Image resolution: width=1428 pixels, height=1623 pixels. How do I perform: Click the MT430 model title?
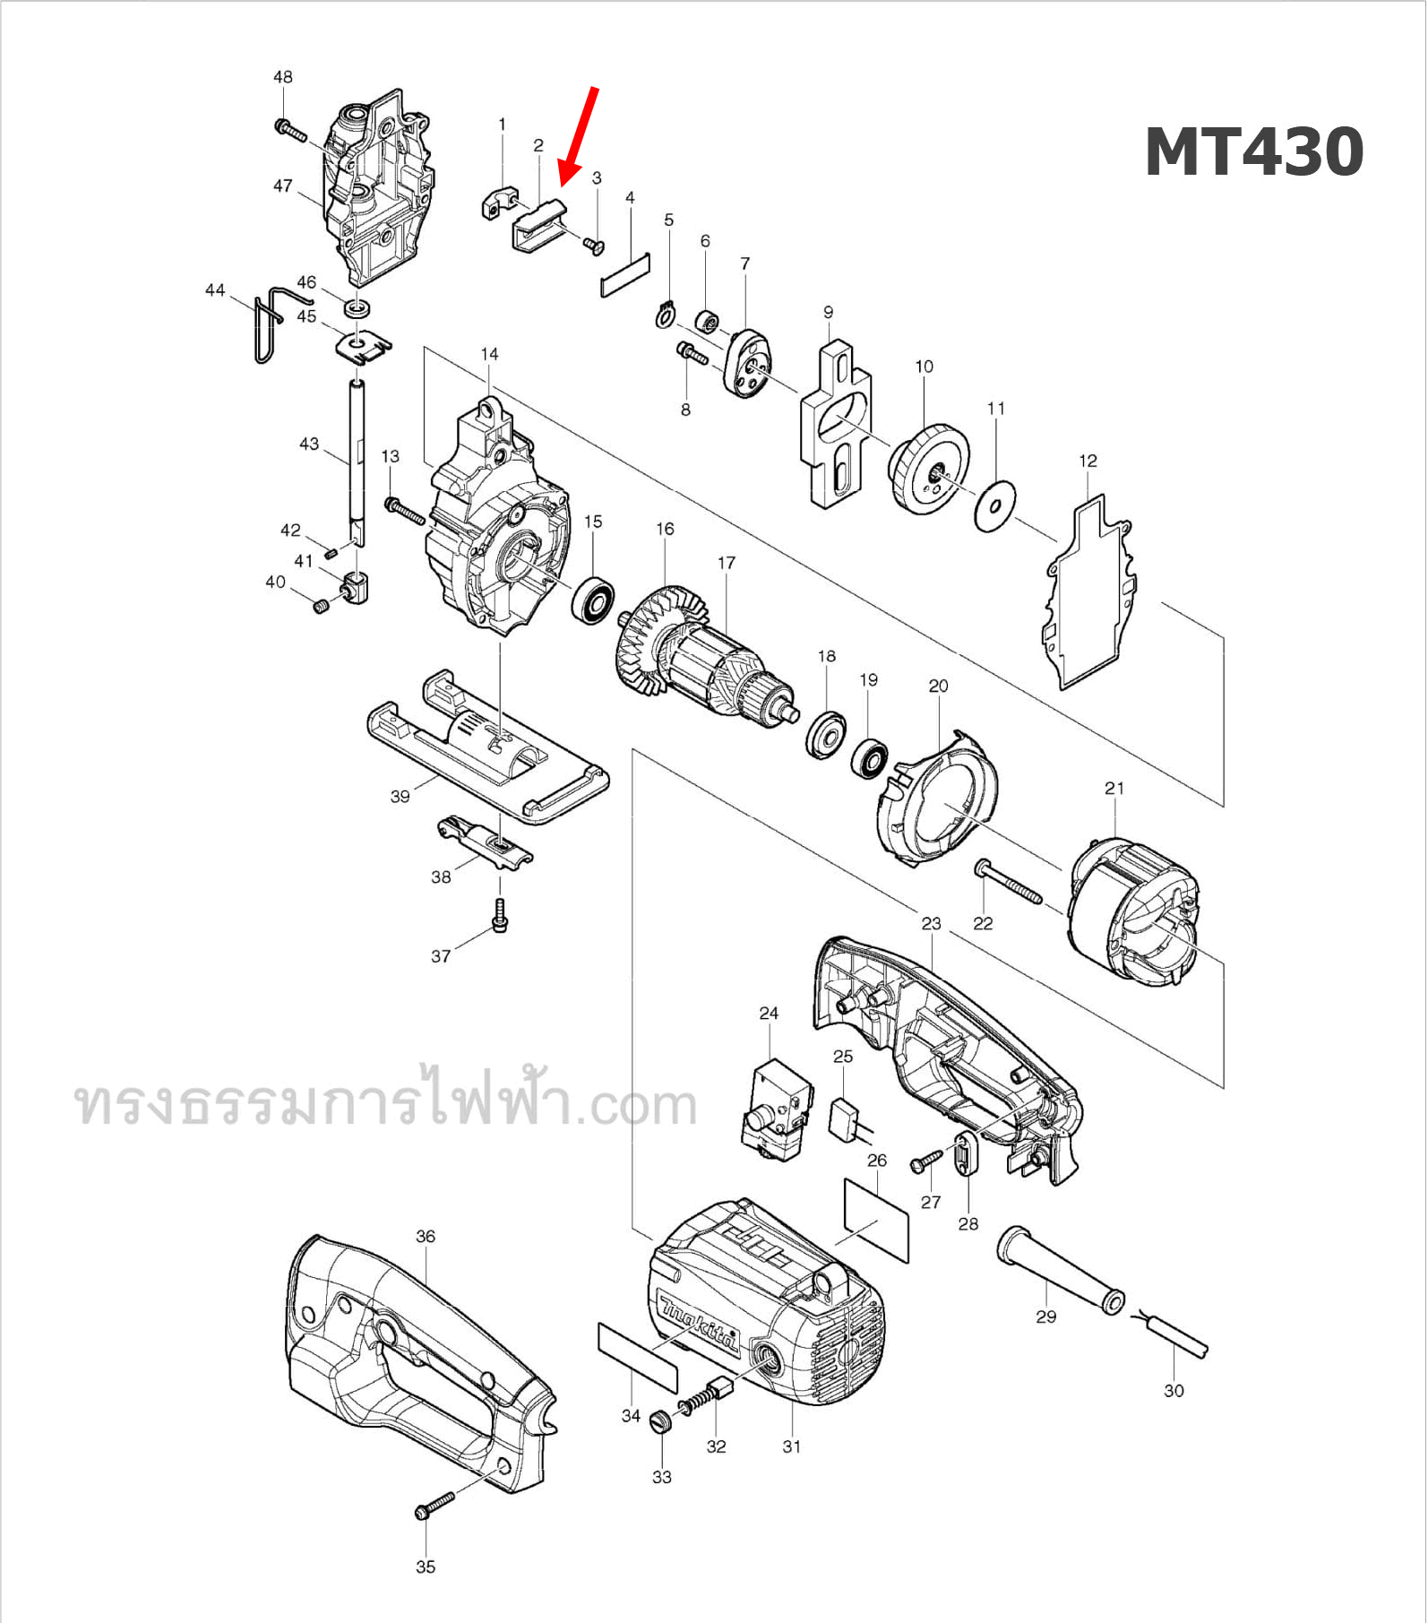pyautogui.click(x=1254, y=153)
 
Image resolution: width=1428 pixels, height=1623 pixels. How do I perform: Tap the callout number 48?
pyautogui.click(x=282, y=77)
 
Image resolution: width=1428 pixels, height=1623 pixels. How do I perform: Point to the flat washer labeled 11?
pyautogui.click(x=995, y=506)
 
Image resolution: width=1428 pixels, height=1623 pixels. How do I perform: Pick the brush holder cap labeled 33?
pyautogui.click(x=660, y=1420)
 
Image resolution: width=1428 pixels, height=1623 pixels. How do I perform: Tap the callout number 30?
pyautogui.click(x=1174, y=1391)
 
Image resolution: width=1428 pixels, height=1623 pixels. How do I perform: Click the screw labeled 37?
pyautogui.click(x=500, y=916)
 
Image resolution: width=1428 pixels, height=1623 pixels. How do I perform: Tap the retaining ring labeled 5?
pyautogui.click(x=664, y=316)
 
